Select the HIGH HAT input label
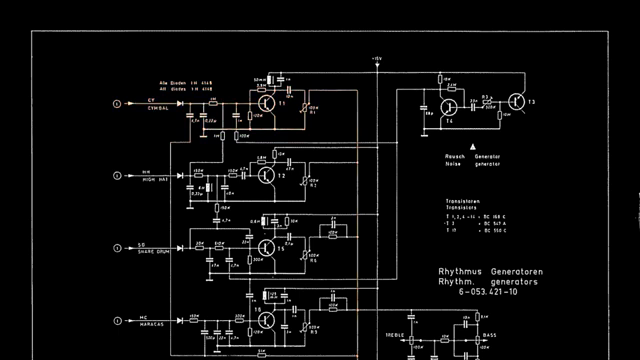157,180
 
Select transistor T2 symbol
266,175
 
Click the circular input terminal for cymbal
117,104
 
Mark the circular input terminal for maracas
117,319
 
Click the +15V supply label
377,59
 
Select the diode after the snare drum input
184,247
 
